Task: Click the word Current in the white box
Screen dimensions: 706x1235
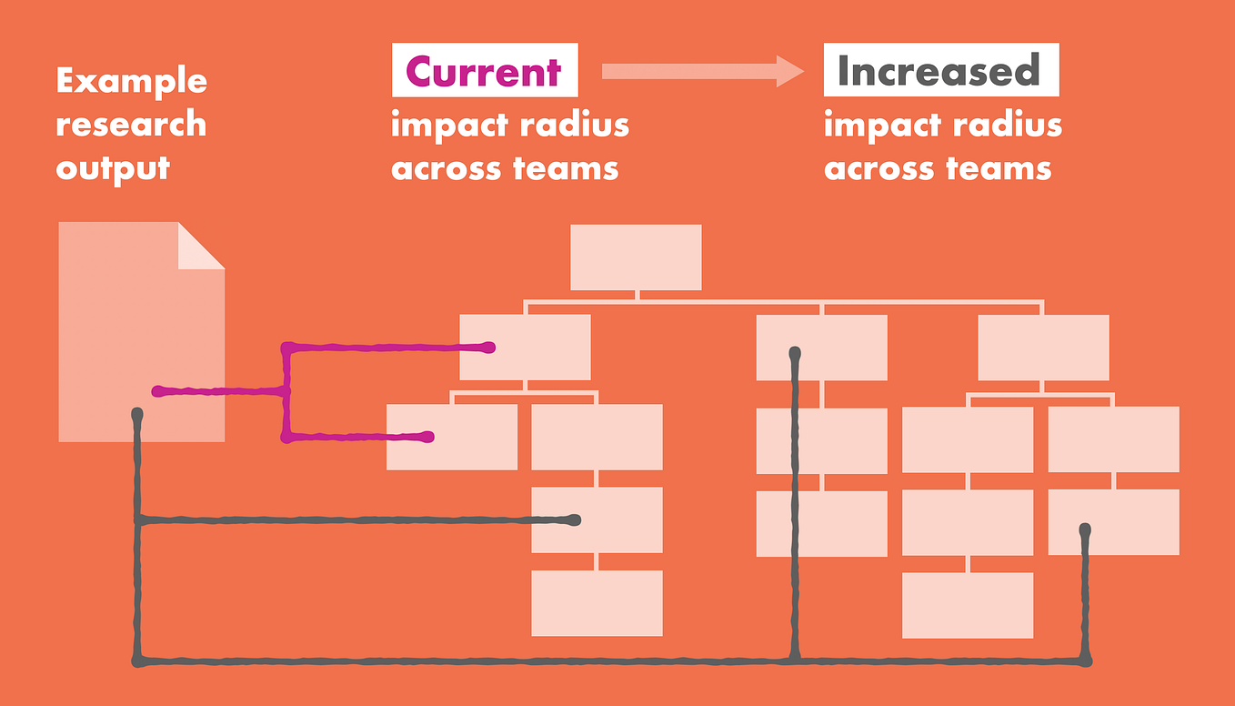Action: coord(483,71)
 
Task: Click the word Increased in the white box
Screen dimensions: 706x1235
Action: coord(939,71)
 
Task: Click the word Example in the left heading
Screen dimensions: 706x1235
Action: coord(131,81)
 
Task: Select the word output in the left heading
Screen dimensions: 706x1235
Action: coord(113,168)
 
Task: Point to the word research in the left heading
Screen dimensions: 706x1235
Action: coord(131,124)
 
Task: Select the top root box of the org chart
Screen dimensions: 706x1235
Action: coord(636,257)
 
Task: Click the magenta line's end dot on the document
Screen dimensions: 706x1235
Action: coord(157,392)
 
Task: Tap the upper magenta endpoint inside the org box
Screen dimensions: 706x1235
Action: coord(489,347)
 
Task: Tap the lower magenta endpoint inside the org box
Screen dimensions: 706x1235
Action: coord(428,438)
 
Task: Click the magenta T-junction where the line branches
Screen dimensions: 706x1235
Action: coord(287,392)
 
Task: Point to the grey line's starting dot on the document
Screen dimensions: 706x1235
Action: coord(137,415)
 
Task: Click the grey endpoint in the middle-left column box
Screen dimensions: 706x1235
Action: coord(574,520)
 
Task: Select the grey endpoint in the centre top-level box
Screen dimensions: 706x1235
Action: coord(795,351)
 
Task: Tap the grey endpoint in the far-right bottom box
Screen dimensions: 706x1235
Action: coord(1085,529)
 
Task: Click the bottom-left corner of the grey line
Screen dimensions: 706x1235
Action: coord(138,660)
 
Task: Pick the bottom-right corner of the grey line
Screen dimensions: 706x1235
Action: coord(1086,660)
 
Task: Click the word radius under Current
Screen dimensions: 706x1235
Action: coord(575,125)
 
